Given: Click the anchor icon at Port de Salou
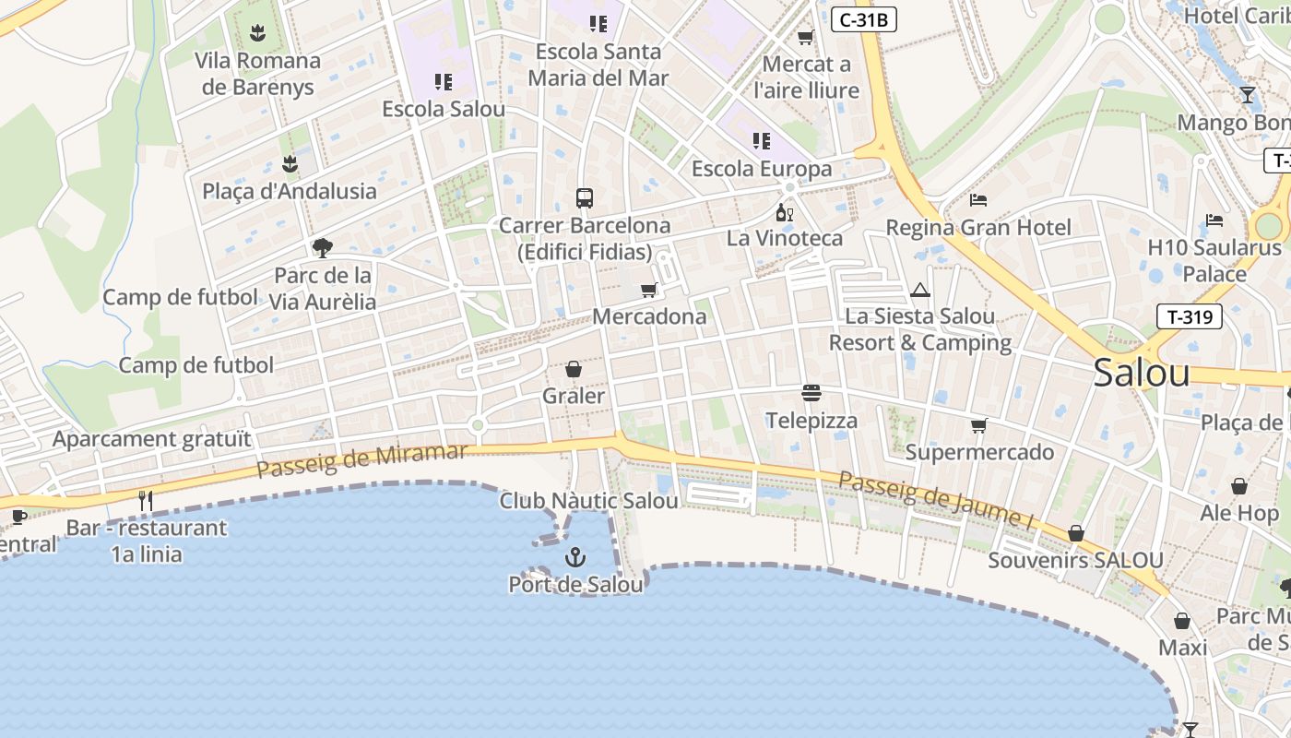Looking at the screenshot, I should pos(575,557).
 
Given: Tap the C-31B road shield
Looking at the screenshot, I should pos(864,19).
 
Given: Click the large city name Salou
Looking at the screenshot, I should pos(1142,373).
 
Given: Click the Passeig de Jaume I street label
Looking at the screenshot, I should pos(936,500).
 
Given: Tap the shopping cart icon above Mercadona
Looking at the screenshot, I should pos(649,291).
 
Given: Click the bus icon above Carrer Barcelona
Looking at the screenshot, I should pos(585,198).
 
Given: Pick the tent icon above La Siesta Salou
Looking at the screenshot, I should pos(920,291).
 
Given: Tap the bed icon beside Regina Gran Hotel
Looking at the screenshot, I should pos(978,200).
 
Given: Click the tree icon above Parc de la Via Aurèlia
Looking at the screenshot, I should pos(322,247).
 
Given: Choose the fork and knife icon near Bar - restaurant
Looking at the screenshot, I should pos(145,501).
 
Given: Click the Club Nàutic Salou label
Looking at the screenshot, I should pos(588,501).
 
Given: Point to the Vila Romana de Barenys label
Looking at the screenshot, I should pos(258,74).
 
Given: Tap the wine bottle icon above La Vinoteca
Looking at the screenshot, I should pos(785,212).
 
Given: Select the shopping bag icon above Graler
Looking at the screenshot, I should pos(574,369).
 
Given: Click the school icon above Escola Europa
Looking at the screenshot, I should pos(761,141).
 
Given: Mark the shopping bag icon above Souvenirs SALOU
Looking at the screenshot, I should pos(1075,533).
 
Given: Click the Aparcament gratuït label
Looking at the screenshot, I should pos(151,439).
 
